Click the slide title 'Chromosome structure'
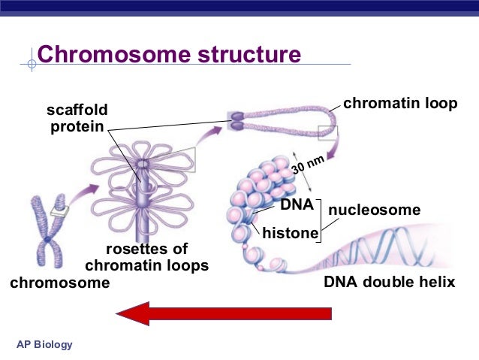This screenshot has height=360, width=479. coord(169,55)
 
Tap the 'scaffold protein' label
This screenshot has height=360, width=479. coord(77,119)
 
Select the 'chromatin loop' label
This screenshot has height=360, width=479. coord(399,104)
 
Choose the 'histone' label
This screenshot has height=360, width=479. coord(290,234)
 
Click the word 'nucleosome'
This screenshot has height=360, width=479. coord(374,210)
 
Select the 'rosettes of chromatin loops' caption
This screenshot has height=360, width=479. coord(146,257)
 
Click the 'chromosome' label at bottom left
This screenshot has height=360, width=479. coord(59,283)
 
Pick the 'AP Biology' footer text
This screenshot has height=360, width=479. coord(45,344)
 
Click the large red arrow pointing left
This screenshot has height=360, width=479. coord(224,312)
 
